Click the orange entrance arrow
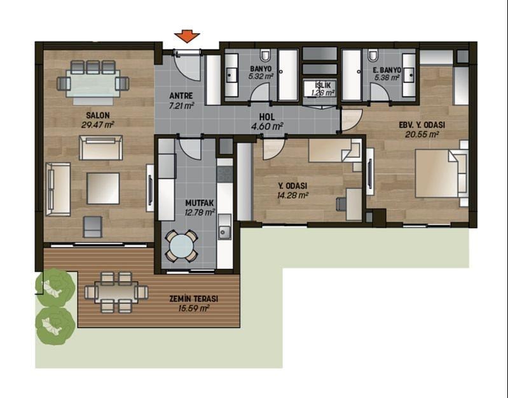coord(187,36)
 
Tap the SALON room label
coord(98,115)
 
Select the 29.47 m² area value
coord(97,124)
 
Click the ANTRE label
coord(181,96)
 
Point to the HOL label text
coord(267,117)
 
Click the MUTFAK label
coord(200,203)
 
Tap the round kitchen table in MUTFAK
coord(181,246)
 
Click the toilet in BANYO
coord(265,55)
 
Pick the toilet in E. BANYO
coord(373,55)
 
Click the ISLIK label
coord(323,86)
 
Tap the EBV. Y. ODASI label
coord(422,125)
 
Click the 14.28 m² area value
coord(292,195)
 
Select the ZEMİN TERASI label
coord(194,299)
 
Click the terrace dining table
coord(116,293)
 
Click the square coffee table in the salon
coord(103,189)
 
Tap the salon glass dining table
coord(93,84)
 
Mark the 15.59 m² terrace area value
coord(194,308)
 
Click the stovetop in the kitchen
coord(225,174)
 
